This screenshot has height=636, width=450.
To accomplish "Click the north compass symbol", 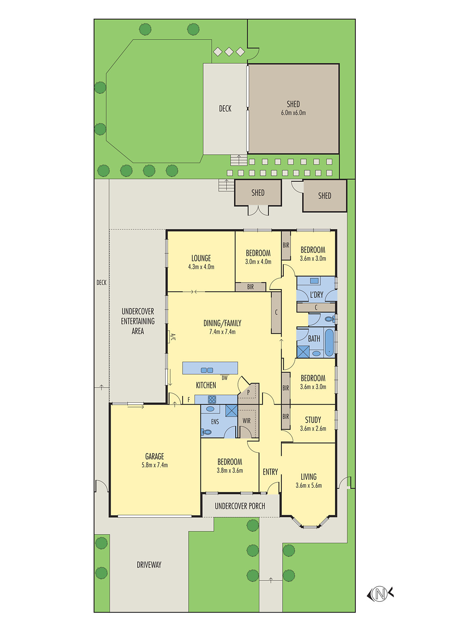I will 380,594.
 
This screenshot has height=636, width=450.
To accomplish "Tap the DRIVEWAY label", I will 149,565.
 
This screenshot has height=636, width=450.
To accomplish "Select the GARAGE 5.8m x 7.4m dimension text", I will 155,465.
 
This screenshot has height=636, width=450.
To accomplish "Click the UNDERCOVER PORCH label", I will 240,506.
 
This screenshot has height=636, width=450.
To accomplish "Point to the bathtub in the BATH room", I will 329,342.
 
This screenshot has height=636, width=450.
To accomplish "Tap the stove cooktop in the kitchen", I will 212,399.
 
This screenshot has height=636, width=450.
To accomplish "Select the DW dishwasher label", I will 225,378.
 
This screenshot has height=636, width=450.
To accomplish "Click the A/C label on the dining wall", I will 173,337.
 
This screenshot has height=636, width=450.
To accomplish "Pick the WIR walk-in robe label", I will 247,421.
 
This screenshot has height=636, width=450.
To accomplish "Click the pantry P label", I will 248,392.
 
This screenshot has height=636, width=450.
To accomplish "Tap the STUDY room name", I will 313,420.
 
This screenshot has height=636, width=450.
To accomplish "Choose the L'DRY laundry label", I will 316,295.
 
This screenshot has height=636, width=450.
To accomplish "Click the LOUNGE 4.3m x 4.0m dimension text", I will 201,267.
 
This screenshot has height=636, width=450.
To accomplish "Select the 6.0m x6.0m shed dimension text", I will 293,113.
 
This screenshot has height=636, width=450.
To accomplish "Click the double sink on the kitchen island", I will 207,370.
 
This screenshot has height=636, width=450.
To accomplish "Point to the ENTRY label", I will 270,472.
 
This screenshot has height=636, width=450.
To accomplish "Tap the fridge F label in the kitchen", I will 189,399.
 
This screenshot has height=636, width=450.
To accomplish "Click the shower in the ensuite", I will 232,411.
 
